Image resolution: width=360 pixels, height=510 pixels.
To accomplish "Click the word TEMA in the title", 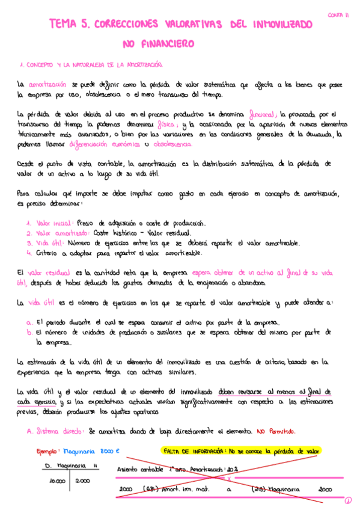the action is tap(63, 24).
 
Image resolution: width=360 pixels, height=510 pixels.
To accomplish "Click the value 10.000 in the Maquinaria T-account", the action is tap(57, 481).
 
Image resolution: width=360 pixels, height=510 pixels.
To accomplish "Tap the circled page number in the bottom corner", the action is tap(349, 500).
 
